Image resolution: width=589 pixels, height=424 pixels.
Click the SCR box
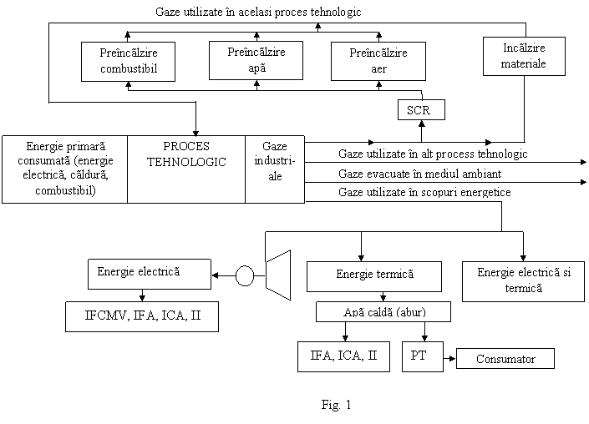coord(421,109)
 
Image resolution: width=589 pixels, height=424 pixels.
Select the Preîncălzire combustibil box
coord(128,62)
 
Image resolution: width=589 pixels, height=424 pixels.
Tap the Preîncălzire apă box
coord(256,60)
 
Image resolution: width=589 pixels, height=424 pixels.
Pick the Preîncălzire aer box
coord(378,61)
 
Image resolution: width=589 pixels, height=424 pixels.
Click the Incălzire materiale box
coord(524,56)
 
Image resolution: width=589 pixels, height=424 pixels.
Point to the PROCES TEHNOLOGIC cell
coord(186,169)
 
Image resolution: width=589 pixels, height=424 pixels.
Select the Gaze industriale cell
coord(275,169)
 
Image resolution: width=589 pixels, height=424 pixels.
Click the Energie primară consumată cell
coord(64,169)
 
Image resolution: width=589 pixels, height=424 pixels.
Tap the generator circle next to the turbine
coord(245,275)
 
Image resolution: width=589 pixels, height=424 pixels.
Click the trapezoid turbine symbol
coord(278,275)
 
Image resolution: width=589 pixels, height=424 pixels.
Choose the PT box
coord(423,356)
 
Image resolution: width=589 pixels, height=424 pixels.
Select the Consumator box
coord(505,359)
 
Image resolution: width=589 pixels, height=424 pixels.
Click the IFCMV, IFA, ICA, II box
coord(142,316)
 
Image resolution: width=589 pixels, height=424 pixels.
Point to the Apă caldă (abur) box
coord(383,312)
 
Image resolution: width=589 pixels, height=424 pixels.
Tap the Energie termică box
coord(374,276)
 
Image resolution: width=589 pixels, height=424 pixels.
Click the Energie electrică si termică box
coord(523,281)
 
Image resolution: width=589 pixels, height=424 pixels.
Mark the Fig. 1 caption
coord(336,405)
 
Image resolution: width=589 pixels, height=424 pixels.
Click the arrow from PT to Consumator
coord(450,358)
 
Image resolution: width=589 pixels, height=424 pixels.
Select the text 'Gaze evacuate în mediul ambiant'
coord(419,174)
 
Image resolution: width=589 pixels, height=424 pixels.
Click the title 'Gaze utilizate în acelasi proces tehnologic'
coord(258,12)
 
